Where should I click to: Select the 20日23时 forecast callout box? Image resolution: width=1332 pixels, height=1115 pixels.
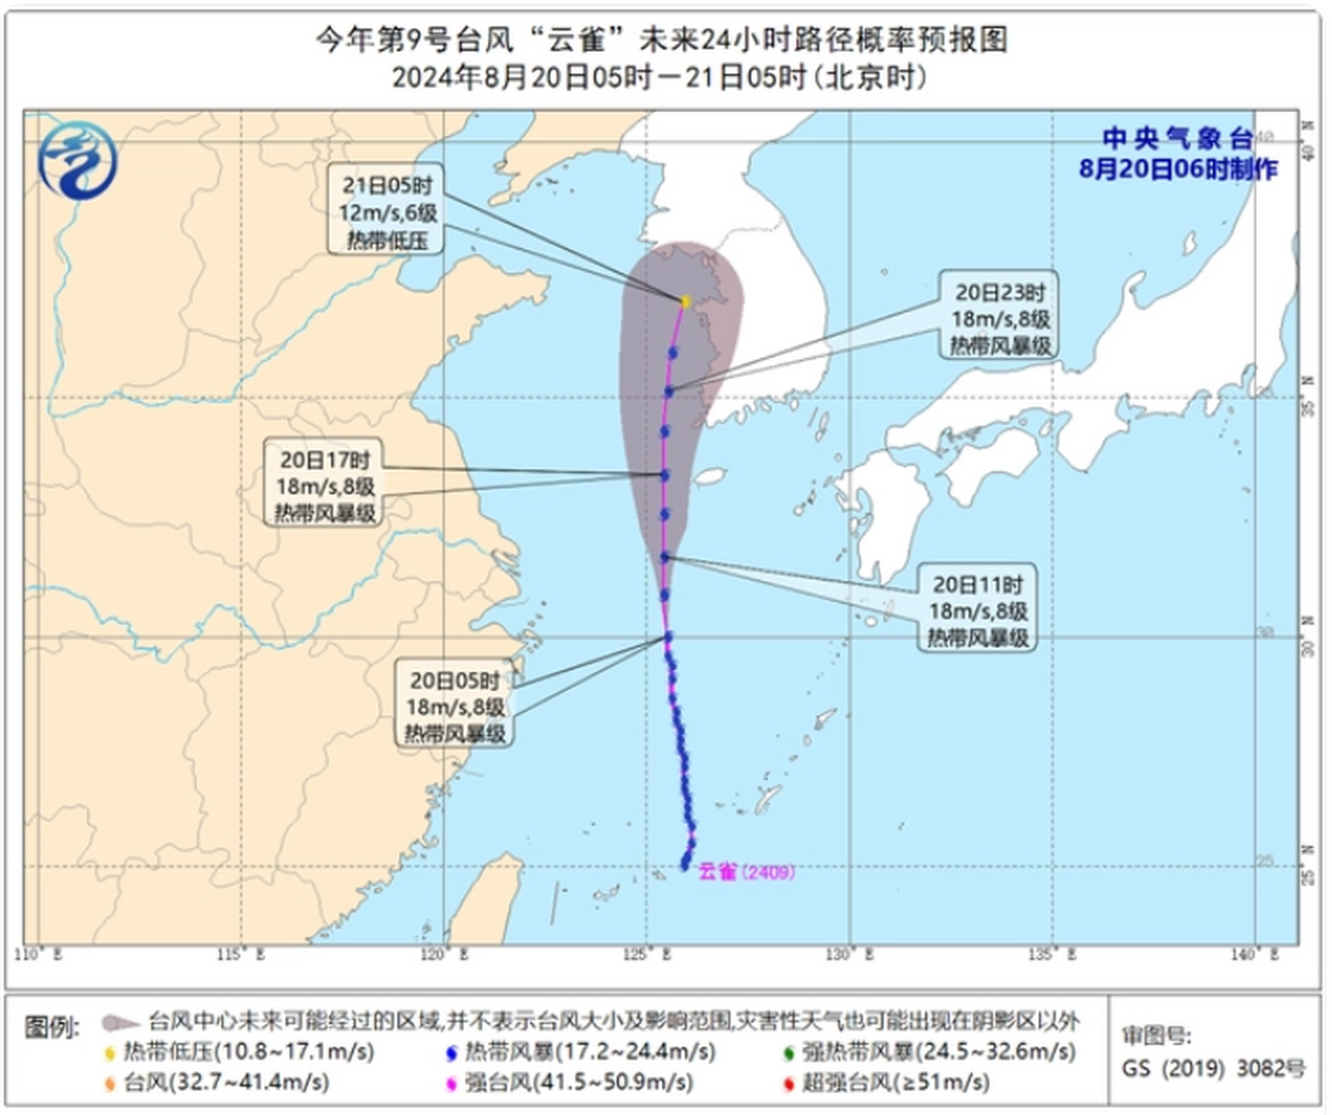click(x=999, y=319)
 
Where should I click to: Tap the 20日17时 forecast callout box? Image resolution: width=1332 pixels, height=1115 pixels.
click(x=325, y=486)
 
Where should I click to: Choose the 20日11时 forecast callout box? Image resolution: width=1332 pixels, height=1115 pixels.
click(x=977, y=611)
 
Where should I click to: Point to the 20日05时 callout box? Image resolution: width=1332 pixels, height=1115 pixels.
click(x=454, y=706)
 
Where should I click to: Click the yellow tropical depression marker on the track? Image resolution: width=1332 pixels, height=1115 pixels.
click(x=685, y=301)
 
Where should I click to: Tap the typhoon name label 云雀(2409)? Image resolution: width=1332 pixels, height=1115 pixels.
click(x=746, y=871)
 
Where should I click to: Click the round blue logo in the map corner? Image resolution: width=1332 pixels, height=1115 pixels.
click(x=77, y=160)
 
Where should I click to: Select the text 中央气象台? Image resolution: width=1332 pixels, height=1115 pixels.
click(x=1177, y=139)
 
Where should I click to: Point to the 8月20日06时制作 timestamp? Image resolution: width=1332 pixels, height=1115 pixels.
click(x=1177, y=169)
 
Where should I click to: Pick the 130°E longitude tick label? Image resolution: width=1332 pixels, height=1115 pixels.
click(x=848, y=956)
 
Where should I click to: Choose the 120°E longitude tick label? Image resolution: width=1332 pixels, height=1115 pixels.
click(x=444, y=956)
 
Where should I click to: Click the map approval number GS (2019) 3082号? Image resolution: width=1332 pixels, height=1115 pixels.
click(x=1213, y=1068)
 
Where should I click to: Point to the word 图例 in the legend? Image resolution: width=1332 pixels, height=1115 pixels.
click(x=50, y=1026)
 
